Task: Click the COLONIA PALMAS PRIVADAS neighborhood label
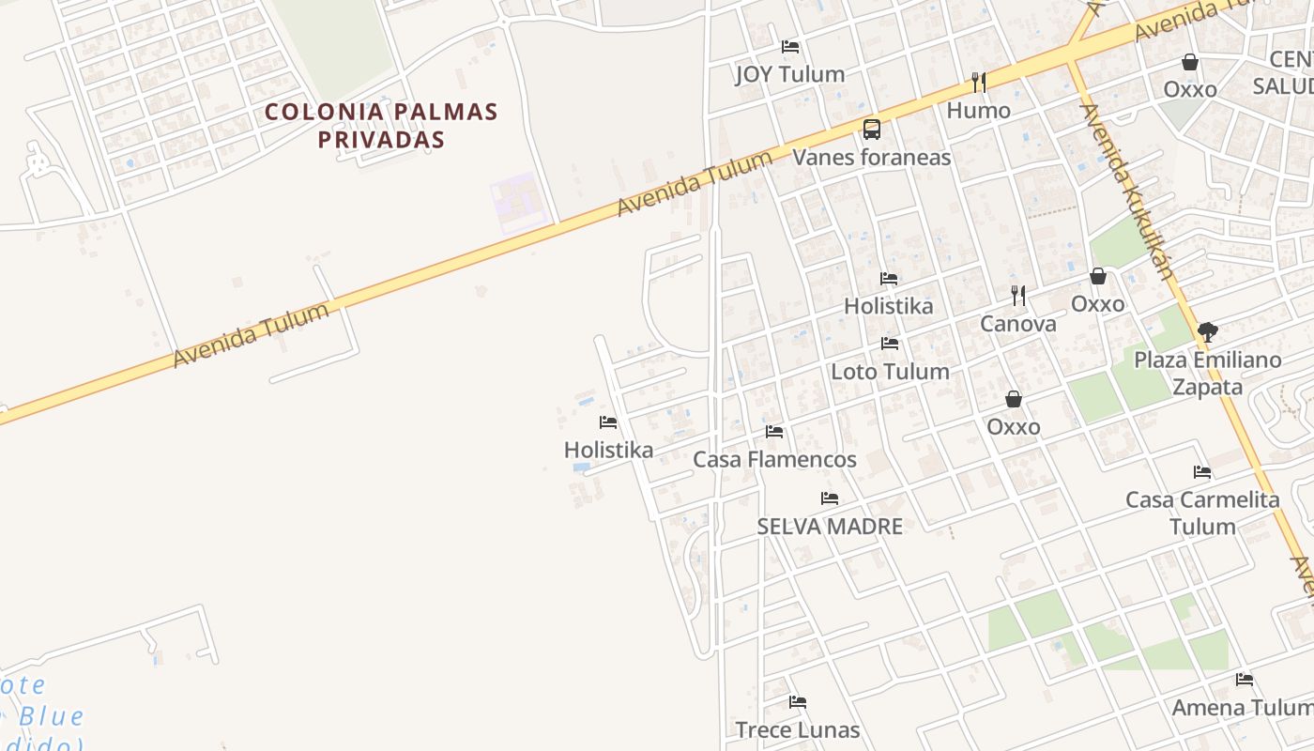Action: click(380, 125)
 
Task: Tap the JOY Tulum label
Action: click(789, 74)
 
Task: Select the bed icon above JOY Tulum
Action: click(790, 46)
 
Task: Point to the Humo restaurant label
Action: click(978, 111)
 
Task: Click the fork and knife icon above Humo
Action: click(978, 83)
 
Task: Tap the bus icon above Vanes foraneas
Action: click(872, 130)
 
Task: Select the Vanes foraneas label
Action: click(872, 157)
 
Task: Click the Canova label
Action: click(1018, 324)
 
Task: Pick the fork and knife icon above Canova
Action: click(1018, 296)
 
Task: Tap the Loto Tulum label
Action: click(890, 372)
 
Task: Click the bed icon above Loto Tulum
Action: click(890, 344)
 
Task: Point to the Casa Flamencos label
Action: click(774, 459)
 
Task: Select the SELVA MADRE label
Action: click(830, 527)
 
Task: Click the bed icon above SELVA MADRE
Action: click(830, 498)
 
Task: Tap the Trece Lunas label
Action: click(798, 729)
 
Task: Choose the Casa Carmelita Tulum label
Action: click(1202, 513)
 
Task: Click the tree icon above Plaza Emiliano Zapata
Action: click(1208, 331)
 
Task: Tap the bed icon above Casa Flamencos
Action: click(774, 432)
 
